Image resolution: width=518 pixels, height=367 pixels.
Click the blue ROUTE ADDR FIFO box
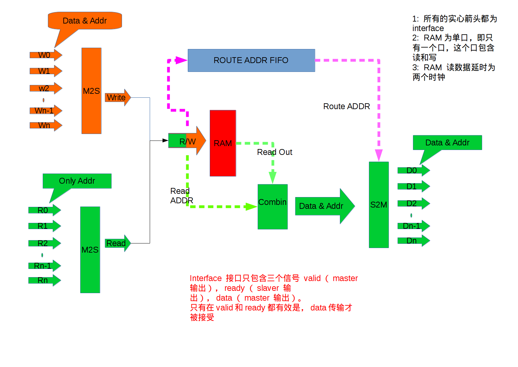coord(251,60)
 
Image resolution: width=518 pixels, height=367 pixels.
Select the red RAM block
coord(223,143)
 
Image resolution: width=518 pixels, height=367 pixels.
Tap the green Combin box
coord(273,207)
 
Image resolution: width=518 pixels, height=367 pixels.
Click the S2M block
coord(379,205)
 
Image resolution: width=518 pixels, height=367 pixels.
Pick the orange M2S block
coord(91,91)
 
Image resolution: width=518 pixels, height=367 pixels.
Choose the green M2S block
coord(90,250)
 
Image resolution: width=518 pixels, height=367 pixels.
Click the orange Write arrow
coord(118,97)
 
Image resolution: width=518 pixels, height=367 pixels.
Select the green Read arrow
coord(118,243)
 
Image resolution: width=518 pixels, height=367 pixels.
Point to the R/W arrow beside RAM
coord(187,141)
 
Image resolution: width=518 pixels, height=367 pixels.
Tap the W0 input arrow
coord(46,55)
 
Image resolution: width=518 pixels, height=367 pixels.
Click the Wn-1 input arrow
coord(46,111)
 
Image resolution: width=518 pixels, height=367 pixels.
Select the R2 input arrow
coord(45,243)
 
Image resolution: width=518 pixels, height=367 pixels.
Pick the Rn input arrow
coord(45,280)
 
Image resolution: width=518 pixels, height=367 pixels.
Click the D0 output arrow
coord(414,171)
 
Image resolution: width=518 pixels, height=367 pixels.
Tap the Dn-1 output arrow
coord(414,226)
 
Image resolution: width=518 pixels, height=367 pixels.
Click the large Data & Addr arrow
coord(325,206)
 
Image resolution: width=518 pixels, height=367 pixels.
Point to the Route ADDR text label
coord(346,106)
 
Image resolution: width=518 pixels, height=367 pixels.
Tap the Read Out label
coord(274,152)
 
